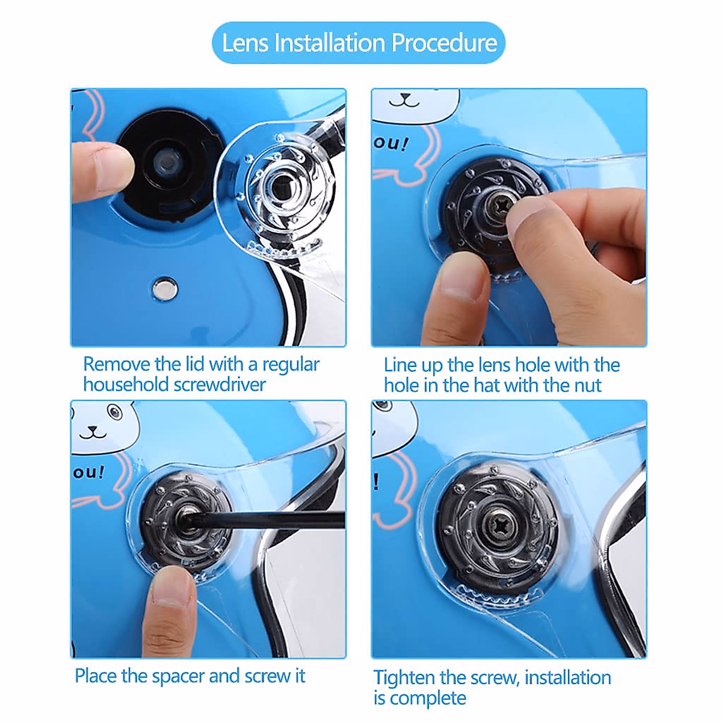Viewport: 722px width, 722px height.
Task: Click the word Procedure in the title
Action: [x=445, y=43]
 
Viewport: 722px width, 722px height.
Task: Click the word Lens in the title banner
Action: [x=245, y=43]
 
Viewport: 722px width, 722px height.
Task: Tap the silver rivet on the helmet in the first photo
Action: [x=165, y=289]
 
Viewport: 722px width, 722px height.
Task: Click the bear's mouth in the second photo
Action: [x=404, y=100]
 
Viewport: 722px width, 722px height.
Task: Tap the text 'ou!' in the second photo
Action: [x=390, y=144]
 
